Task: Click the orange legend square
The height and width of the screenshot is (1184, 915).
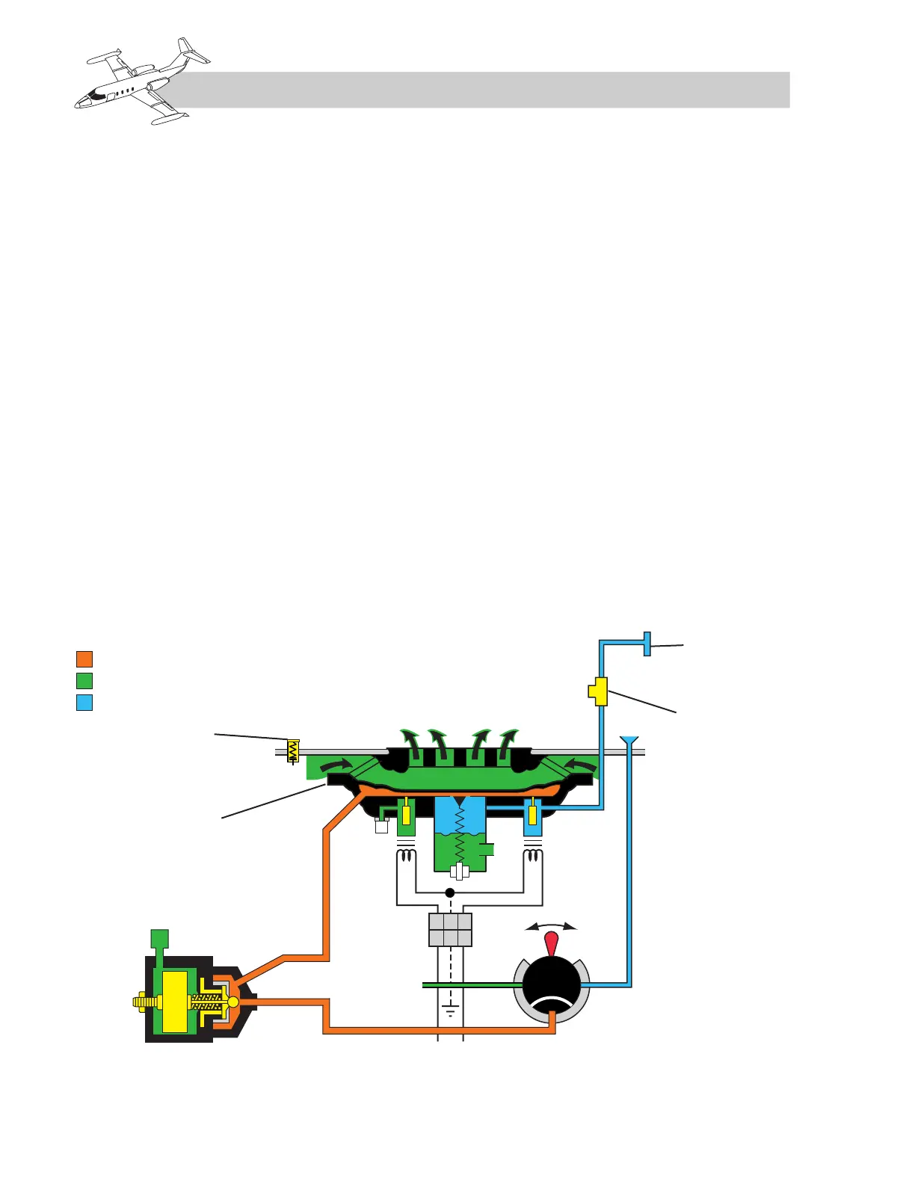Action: tap(84, 659)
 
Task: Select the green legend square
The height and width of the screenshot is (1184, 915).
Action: tap(84, 680)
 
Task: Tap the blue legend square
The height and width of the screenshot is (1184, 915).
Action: tap(84, 702)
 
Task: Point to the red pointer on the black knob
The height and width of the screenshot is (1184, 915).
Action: tap(551, 943)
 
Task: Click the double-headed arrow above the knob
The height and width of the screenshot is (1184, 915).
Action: tap(551, 927)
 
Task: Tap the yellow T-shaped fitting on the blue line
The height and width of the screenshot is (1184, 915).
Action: tap(598, 691)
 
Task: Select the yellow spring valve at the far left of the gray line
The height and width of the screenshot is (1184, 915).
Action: tap(293, 750)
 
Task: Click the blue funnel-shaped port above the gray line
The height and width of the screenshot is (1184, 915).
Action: tap(629, 741)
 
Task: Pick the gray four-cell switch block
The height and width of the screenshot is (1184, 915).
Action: tap(450, 930)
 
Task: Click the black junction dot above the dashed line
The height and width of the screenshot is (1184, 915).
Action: tap(450, 892)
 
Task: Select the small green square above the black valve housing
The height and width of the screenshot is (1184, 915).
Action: tap(160, 938)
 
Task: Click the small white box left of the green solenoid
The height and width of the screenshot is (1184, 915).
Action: tap(381, 826)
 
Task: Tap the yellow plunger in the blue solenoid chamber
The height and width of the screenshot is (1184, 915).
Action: tap(532, 813)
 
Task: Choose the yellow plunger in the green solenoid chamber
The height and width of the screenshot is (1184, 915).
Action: tap(406, 813)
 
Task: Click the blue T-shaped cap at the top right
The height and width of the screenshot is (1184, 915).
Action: tap(647, 644)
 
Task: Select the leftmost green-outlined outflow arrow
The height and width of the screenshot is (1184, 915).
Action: tap(410, 741)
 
